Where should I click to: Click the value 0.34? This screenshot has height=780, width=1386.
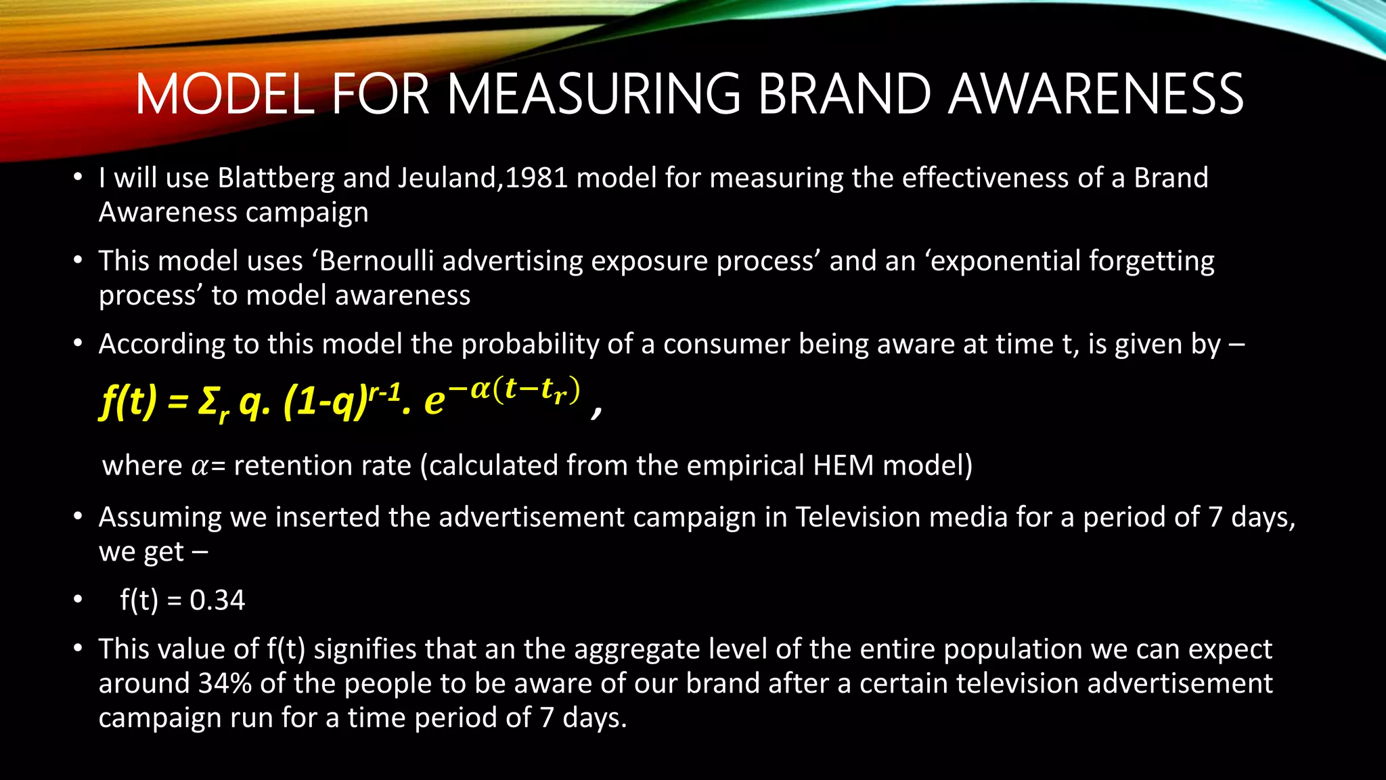point(217,601)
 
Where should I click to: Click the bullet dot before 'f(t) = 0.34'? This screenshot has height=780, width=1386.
point(79,601)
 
